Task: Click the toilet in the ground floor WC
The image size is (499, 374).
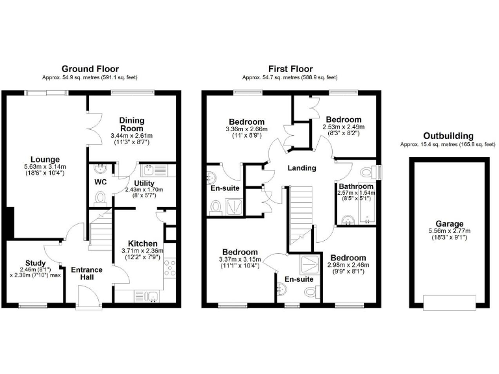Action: [99, 198]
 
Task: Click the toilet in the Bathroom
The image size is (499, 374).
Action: [370, 172]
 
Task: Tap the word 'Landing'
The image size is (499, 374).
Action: [301, 168]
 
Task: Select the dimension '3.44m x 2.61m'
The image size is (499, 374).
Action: [131, 136]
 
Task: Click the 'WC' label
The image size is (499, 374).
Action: [100, 182]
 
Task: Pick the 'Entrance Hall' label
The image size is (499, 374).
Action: [86, 273]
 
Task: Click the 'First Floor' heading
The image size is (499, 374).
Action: [290, 68]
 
